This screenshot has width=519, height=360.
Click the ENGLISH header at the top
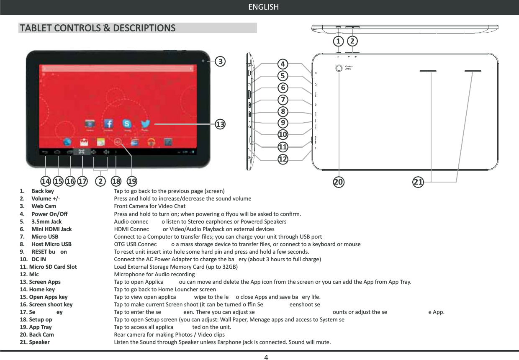pos(263,7)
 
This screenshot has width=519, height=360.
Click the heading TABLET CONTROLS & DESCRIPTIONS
pos(97,28)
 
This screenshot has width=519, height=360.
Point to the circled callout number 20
pos(338,181)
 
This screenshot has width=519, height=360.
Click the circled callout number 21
pos(418,181)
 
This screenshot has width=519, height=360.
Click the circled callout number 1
pos(338,41)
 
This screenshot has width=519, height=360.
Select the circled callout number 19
pos(132,181)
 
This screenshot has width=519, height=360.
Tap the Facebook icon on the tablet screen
pos(108,124)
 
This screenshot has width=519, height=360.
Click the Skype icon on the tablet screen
pos(127,124)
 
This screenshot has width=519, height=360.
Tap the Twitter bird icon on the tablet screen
pos(145,124)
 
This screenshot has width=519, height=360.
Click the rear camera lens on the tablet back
pos(339,68)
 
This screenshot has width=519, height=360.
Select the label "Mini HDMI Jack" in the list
pos(51,229)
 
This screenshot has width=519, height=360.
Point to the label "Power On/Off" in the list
pos(49,214)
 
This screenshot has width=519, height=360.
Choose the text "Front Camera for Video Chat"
pos(149,206)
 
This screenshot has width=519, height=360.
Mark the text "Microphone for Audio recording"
pos(154,274)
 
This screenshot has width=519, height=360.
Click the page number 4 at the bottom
pos(266,357)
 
